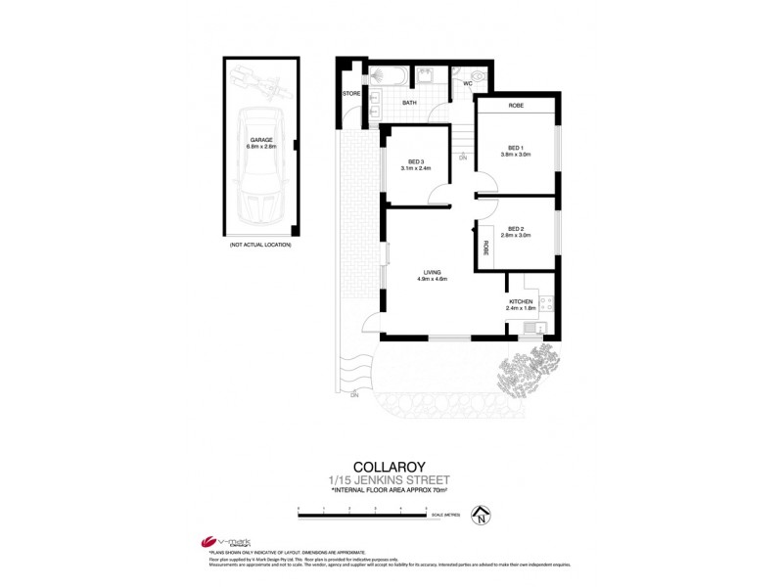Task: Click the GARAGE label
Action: [261, 140]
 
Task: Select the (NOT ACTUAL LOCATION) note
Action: [260, 244]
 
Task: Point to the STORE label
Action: [351, 94]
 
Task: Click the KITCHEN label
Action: [520, 301]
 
